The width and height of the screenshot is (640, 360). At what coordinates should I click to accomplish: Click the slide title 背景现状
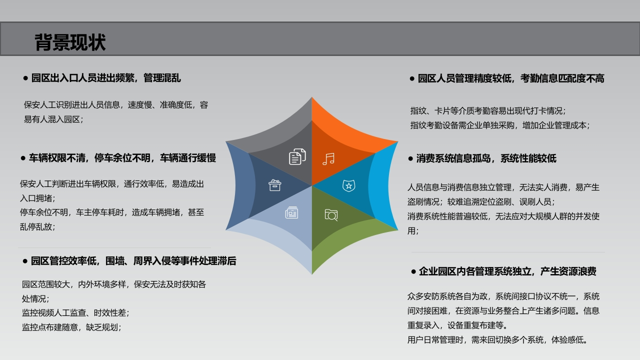coord(70,42)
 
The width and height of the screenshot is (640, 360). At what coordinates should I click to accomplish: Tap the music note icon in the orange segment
coord(328,159)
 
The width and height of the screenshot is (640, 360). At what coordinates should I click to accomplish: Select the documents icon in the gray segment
coord(297,156)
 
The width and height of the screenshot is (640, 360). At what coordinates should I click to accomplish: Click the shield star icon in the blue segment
coord(349,185)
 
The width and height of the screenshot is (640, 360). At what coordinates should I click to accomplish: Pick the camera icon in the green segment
coord(331,215)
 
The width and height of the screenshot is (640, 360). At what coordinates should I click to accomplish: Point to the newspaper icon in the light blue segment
coord(291,212)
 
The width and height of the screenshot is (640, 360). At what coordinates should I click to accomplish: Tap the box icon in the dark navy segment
coord(275,185)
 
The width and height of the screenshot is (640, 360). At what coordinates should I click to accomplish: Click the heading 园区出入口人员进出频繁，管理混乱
coord(106,78)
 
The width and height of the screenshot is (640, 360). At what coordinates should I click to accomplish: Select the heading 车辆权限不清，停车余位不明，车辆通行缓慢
coord(122,158)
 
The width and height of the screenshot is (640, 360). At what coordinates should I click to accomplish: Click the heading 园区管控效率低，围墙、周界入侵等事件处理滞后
coord(133,261)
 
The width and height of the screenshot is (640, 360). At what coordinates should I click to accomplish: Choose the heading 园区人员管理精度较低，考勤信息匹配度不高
coord(511,78)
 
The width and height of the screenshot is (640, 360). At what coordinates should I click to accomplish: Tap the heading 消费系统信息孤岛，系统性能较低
coord(486,158)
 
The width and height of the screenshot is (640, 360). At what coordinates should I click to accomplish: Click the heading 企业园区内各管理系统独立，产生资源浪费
coord(507,271)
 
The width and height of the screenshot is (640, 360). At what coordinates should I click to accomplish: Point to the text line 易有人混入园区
coord(53,119)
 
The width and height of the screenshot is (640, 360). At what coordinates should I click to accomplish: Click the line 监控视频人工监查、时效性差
coord(75,313)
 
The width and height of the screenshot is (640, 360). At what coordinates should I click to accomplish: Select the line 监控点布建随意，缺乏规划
coord(71,327)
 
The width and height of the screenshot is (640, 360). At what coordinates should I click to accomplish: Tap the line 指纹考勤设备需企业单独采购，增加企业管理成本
coord(500,125)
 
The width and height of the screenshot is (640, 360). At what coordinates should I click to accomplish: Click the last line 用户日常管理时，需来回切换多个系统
coord(497,340)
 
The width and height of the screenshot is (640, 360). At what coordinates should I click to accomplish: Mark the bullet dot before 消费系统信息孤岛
coord(410,158)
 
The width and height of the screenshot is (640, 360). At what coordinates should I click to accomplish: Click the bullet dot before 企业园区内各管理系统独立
coord(413,271)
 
